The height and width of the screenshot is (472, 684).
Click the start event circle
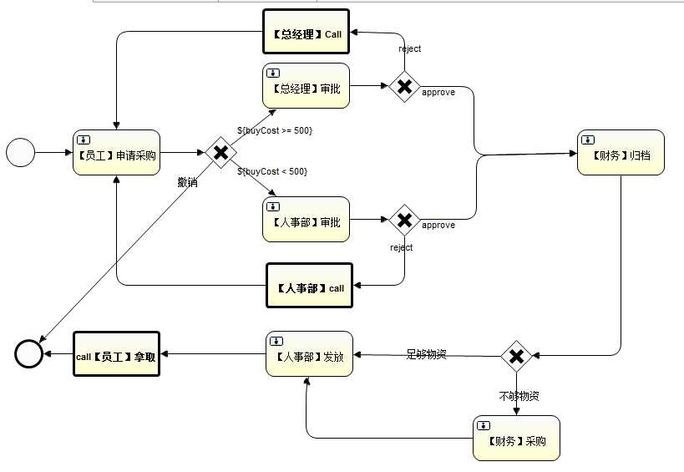(x=21, y=153)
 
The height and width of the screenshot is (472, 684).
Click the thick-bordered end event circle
(x=29, y=354)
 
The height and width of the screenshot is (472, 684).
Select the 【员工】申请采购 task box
(x=116, y=152)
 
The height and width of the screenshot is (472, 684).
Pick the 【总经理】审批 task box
(x=306, y=86)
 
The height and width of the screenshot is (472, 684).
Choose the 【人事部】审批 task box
(x=306, y=220)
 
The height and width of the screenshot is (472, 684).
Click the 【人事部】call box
(x=309, y=287)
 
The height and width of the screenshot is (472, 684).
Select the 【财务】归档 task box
(x=621, y=152)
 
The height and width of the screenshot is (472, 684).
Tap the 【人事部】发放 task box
(x=309, y=354)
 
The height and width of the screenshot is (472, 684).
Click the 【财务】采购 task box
(x=516, y=438)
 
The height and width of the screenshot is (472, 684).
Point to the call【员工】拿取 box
(x=116, y=354)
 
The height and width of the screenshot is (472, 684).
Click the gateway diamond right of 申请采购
(x=221, y=152)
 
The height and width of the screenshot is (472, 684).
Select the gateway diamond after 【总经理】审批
(x=404, y=86)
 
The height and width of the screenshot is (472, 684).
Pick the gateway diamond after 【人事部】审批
(x=404, y=220)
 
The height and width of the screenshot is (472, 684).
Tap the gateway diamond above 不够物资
(x=516, y=356)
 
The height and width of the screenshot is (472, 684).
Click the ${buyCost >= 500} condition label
(x=275, y=130)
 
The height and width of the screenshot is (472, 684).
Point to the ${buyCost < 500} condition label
(x=272, y=171)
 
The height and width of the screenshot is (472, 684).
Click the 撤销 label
(x=187, y=182)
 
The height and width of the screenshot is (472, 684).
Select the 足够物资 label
(x=426, y=354)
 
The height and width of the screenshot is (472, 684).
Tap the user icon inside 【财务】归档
(x=588, y=140)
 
